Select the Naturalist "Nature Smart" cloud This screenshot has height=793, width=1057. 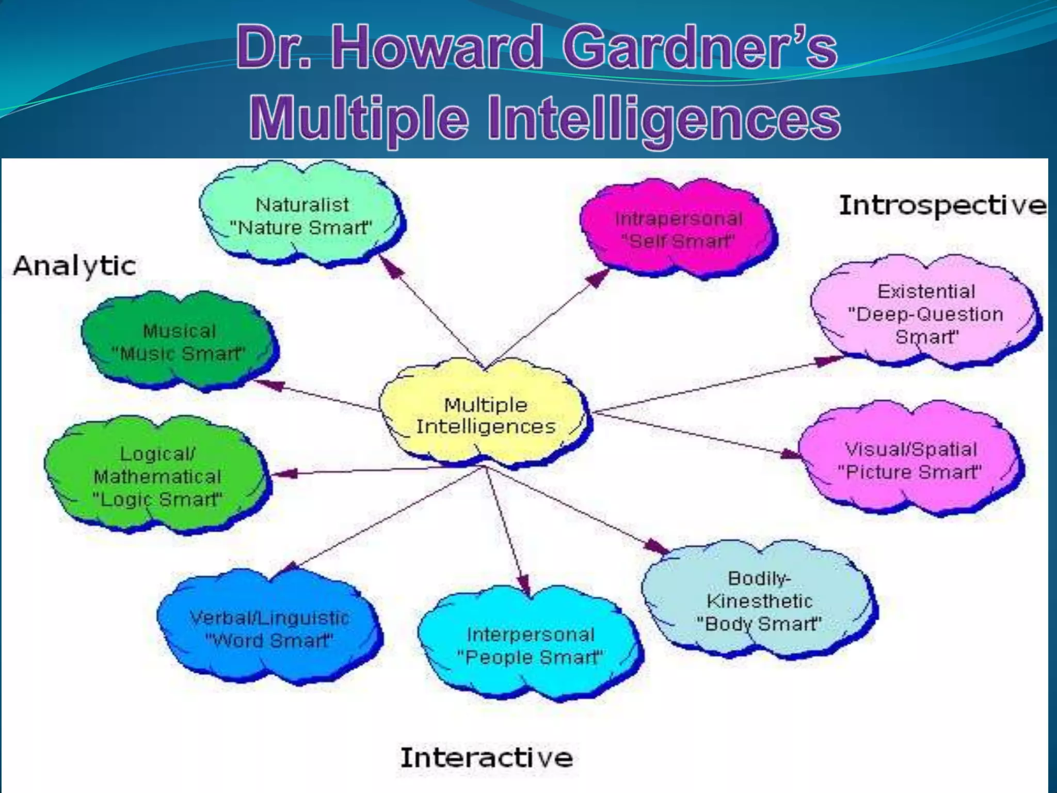(302, 216)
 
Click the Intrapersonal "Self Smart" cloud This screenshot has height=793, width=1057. (678, 230)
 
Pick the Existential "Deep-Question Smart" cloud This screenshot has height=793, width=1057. (925, 313)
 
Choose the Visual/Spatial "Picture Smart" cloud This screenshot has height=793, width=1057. (911, 461)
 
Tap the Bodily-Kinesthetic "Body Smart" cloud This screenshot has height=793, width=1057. (759, 600)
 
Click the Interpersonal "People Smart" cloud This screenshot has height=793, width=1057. (530, 645)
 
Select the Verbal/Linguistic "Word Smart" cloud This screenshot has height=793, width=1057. (269, 629)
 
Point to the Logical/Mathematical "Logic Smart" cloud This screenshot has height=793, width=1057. (157, 476)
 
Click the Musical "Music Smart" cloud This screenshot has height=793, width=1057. (179, 342)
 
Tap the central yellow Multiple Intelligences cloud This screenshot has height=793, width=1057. (485, 416)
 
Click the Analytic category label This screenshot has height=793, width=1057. (75, 266)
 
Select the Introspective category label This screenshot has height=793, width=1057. (942, 205)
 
